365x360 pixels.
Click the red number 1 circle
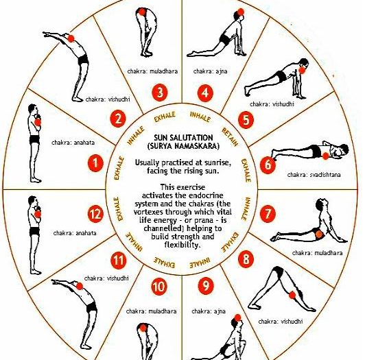95,163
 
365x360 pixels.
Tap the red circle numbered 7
268,214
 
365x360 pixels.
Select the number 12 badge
95,214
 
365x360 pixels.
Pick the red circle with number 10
159,287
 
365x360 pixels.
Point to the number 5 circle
246,120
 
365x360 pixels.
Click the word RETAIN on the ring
231,137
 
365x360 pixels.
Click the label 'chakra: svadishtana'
314,175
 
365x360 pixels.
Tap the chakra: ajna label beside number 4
210,71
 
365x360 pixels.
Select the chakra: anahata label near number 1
73,143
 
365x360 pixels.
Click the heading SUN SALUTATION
183,138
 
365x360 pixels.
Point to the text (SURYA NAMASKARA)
183,146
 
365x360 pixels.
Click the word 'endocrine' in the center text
206,195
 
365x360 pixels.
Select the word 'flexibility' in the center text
182,245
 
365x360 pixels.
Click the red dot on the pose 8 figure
292,295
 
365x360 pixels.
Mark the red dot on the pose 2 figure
71,38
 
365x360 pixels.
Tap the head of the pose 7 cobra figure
321,204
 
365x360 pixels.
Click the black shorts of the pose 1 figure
34,139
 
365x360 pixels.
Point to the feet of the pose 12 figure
36,272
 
